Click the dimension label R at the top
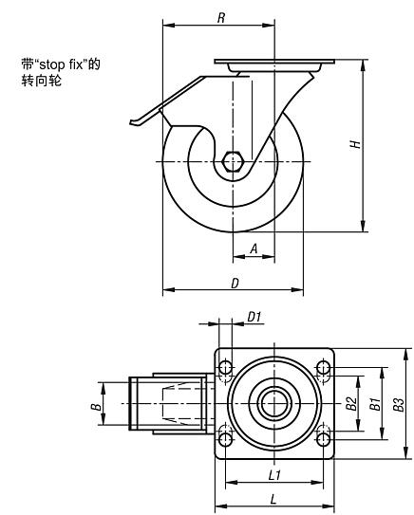[221, 18]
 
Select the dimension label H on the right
[355, 144]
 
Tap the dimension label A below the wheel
[254, 248]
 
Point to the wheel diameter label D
[235, 284]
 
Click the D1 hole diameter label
[254, 317]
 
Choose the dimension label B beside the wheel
[96, 407]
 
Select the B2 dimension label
[351, 403]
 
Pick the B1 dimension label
[375, 404]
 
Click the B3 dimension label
[398, 404]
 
